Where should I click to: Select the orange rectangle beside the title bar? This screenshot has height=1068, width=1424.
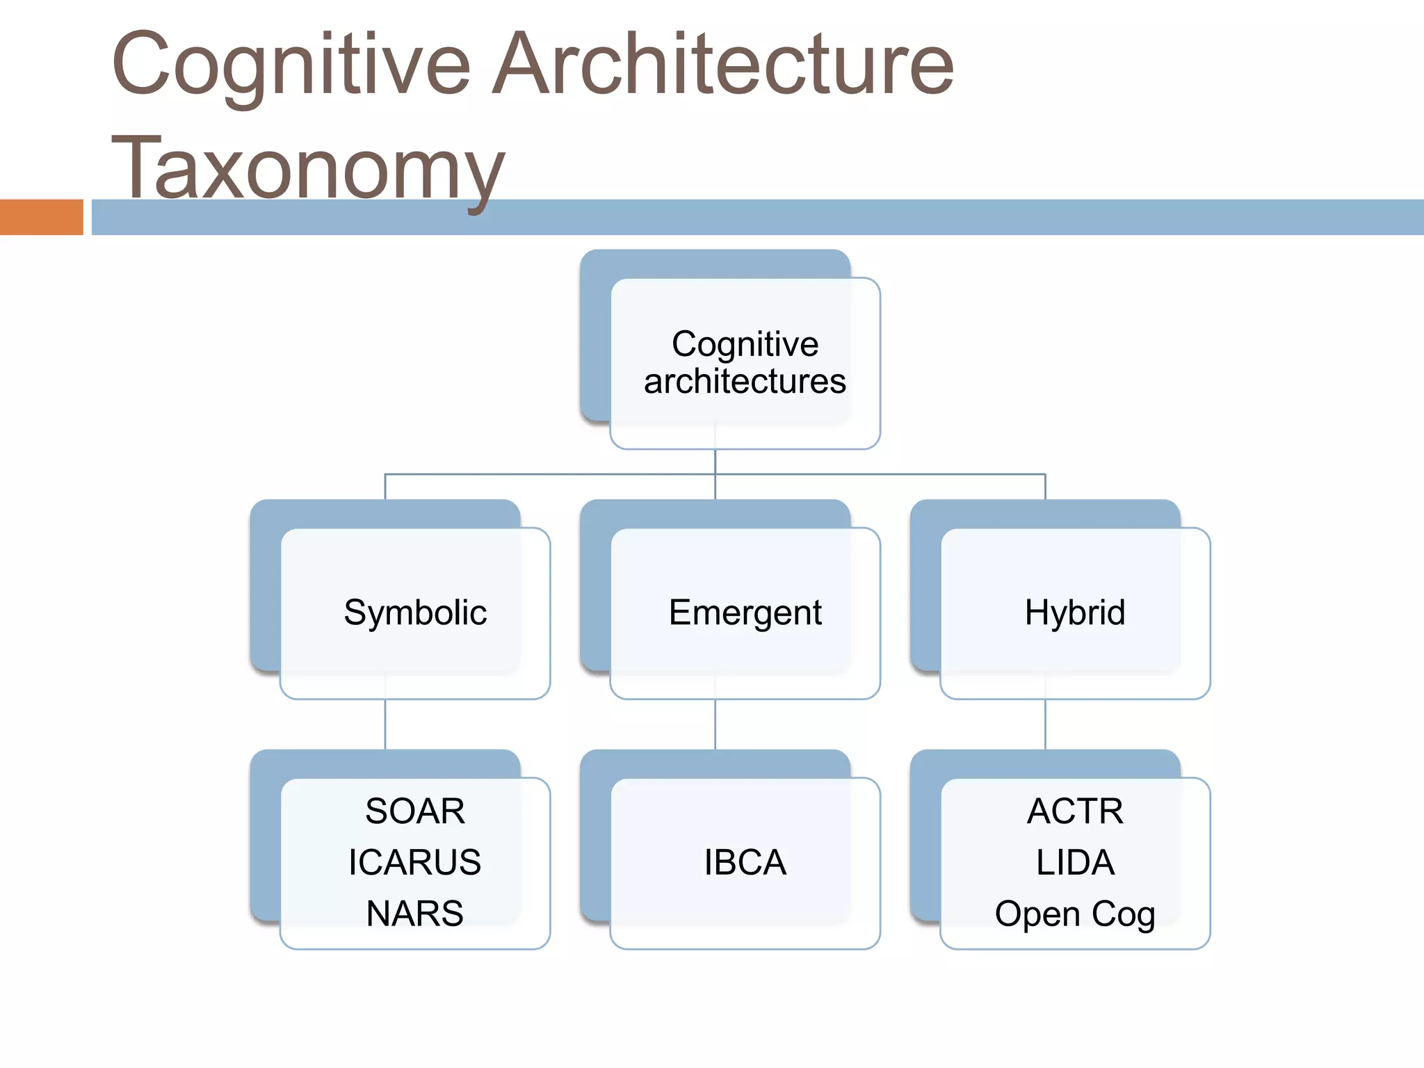coord(41,217)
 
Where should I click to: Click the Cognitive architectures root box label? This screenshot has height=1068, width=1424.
coord(745,362)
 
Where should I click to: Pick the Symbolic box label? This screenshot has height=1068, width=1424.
coord(415,613)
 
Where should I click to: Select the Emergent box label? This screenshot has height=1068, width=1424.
coord(745,613)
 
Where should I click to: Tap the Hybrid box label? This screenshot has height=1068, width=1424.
coord(1075,613)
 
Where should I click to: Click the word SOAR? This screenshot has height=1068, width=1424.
coord(415,811)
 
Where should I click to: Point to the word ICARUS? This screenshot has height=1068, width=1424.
coord(415,862)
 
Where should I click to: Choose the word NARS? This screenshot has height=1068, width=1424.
coord(415,913)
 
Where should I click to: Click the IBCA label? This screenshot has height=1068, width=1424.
coord(745,862)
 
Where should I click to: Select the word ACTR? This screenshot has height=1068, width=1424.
coord(1075,811)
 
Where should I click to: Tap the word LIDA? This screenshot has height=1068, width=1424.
coord(1075,862)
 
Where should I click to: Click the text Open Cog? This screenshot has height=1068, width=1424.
coord(1075,913)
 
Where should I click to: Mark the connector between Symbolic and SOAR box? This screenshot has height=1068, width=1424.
coord(385,725)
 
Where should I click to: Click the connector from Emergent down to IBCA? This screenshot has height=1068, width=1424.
coord(715,725)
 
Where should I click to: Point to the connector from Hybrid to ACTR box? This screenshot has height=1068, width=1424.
coord(1045,725)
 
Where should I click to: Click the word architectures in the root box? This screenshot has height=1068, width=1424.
coord(745,381)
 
